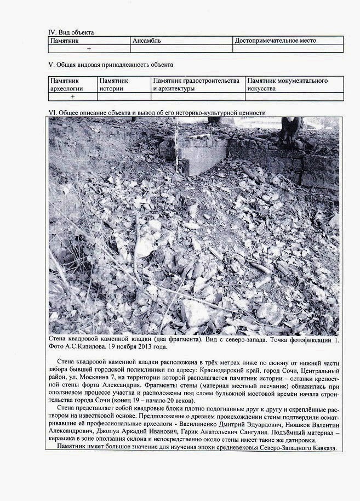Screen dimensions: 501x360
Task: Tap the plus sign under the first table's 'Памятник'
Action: [88, 49]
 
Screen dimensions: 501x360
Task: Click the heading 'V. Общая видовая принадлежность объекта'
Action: [111, 65]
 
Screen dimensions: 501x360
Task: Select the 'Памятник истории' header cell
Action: [114, 84]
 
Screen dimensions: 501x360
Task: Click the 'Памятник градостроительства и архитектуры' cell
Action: [196, 84]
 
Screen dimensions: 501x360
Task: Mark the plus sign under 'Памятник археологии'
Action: [72, 96]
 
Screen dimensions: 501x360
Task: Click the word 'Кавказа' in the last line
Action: [328, 447]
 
